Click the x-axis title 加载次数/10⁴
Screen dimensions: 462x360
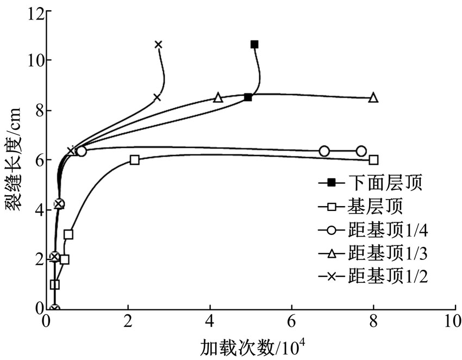(253, 349)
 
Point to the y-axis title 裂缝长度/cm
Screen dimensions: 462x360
(13, 159)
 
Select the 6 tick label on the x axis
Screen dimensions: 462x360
(291, 322)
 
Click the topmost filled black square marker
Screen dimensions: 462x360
(254, 45)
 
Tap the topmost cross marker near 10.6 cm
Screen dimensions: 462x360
(159, 45)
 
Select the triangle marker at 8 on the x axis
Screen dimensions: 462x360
(373, 97)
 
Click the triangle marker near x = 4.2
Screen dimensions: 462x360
(218, 97)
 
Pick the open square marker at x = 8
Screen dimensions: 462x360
(373, 160)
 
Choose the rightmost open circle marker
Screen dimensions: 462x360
(361, 151)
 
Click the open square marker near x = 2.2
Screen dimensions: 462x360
(134, 160)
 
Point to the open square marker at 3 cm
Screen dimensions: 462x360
(68, 235)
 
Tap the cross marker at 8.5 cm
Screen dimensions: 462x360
(157, 97)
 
